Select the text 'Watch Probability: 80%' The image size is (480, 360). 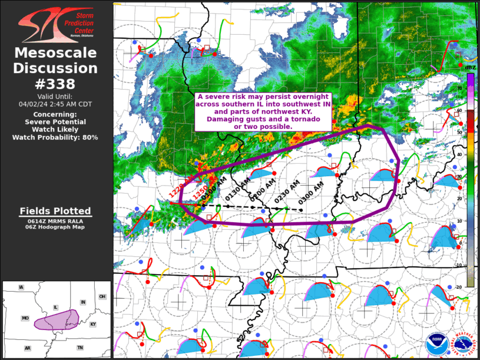(55, 137)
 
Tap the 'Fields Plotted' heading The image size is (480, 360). (55, 211)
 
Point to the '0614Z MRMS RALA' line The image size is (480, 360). (55, 221)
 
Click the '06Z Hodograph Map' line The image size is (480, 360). (55, 227)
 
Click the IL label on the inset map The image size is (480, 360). (55, 307)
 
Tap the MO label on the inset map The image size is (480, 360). (25, 318)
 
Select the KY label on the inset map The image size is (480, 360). (92, 325)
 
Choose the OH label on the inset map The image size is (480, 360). (102, 296)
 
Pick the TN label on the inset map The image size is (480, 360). (80, 348)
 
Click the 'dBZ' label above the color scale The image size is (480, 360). (470, 68)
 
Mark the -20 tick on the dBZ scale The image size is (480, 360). (460, 286)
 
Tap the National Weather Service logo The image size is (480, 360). (464, 344)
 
